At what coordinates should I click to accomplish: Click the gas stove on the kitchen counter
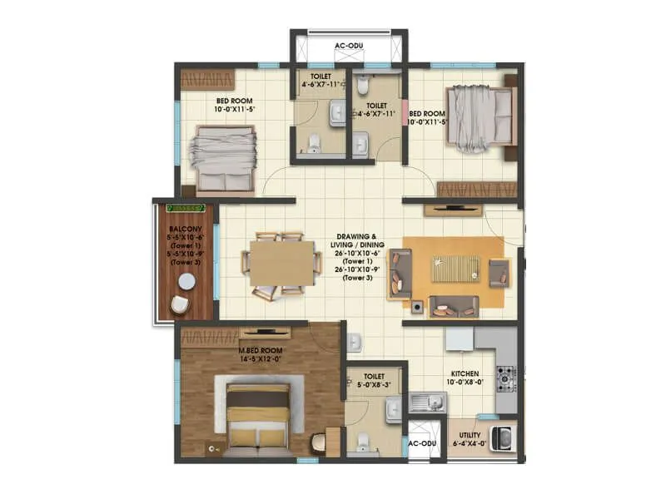click(505, 378)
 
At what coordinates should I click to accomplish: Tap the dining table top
click(282, 264)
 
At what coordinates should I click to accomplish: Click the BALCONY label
click(182, 228)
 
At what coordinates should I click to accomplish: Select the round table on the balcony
click(186, 282)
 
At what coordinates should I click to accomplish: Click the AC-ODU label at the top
click(347, 47)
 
